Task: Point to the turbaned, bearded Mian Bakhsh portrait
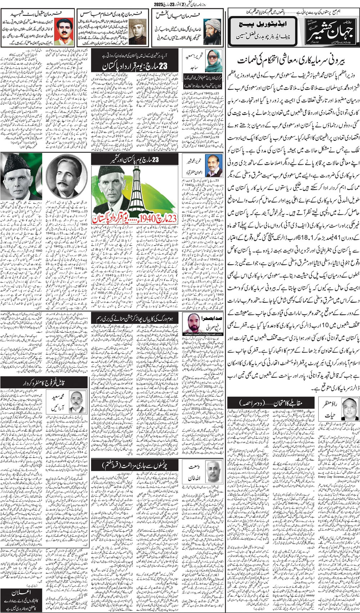coord(212,31)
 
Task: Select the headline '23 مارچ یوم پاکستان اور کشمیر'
coord(134,159)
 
